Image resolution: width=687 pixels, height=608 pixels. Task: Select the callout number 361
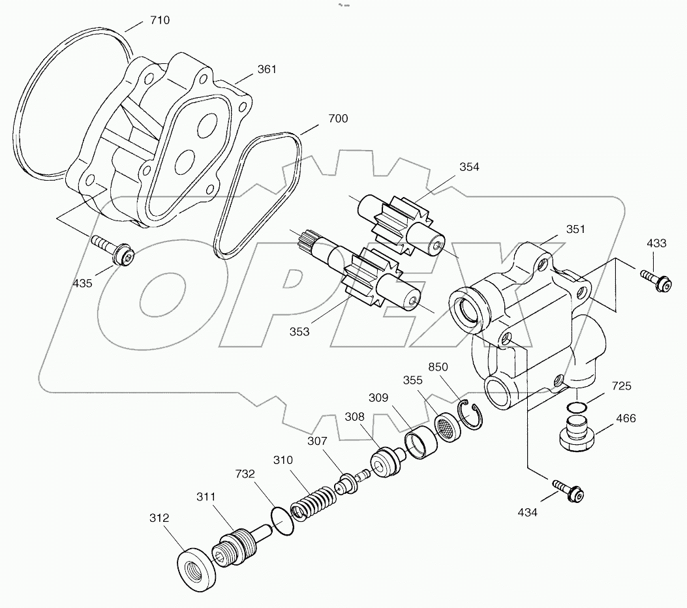[266, 69]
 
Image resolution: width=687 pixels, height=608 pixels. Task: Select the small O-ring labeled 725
[575, 407]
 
